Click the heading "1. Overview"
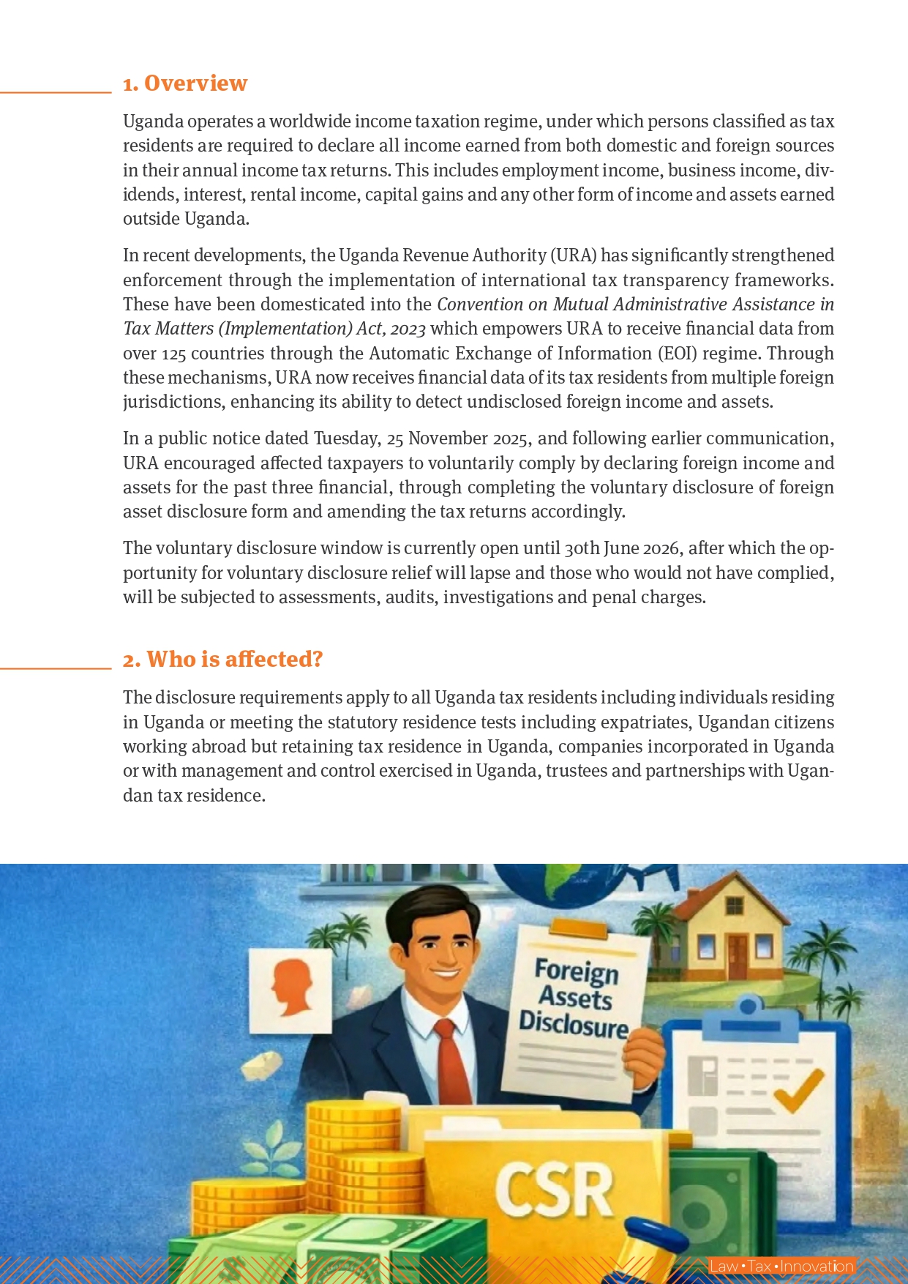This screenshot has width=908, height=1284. [x=184, y=83]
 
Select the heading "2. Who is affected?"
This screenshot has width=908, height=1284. [x=222, y=660]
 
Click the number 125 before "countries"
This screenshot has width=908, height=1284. [x=173, y=354]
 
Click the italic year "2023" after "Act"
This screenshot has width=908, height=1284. [x=408, y=329]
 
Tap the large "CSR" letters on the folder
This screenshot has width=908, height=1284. [x=554, y=1190]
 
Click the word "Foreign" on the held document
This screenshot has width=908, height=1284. [x=576, y=971]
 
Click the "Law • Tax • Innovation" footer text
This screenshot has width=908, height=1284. [x=781, y=1266]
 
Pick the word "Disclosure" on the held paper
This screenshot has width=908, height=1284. [x=573, y=1024]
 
